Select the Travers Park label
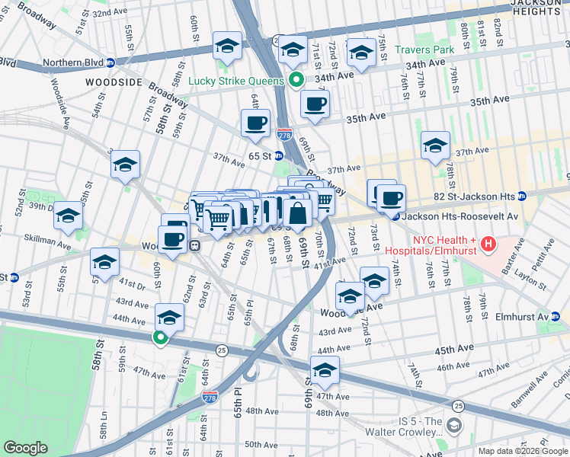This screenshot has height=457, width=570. pos(424,50)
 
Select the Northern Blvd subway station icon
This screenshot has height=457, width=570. pos(110,62)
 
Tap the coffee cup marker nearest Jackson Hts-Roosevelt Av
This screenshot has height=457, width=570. pos(392,200)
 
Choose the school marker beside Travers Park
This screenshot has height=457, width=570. pos(361,53)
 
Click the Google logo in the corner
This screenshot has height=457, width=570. pos(26,448)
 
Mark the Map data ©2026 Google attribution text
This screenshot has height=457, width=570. pos(524,451)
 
